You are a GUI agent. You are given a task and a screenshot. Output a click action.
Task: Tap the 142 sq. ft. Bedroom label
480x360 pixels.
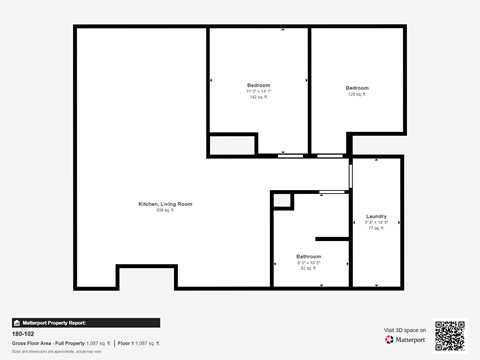coord(258,90)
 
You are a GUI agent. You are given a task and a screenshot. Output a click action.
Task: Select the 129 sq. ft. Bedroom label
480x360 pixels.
coord(357,90)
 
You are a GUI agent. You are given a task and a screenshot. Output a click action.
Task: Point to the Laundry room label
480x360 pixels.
coord(376,221)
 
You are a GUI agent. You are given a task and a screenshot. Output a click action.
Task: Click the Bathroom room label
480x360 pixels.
coord(308,259)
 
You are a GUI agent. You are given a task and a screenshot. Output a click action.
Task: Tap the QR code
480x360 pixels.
coord(450,337)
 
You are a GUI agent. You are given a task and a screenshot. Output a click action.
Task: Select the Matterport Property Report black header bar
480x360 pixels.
coord(85,323)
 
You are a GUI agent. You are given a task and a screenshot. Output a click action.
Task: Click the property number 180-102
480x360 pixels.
coord(24,334)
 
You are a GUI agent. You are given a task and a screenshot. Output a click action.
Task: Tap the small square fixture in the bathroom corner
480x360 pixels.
coord(283,201)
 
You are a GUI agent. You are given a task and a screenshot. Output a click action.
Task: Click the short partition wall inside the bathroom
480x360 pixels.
coord(329,238)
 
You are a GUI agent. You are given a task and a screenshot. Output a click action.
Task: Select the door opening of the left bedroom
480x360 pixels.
coord(290,156)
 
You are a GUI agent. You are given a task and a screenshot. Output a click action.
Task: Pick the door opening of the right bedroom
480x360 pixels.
coord(329,156)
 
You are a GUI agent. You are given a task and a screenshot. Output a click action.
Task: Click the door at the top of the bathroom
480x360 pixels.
coord(329,190)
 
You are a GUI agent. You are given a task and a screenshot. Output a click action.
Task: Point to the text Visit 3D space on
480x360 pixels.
coord(404,329)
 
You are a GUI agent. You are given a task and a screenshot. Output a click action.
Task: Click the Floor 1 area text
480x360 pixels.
coord(138,343)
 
